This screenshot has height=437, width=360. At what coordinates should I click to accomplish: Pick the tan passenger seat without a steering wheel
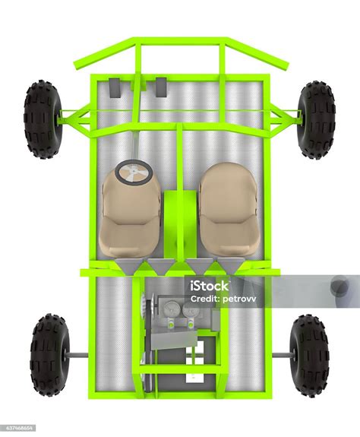(x=229, y=210)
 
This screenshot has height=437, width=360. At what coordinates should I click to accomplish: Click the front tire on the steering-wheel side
(x=43, y=119)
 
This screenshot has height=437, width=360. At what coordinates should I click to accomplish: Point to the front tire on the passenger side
(x=316, y=120)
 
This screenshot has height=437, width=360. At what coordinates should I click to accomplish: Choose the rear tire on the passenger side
(x=310, y=356)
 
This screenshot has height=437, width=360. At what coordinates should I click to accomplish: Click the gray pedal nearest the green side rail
(x=115, y=87)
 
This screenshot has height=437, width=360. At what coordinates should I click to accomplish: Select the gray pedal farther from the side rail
(x=161, y=87)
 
